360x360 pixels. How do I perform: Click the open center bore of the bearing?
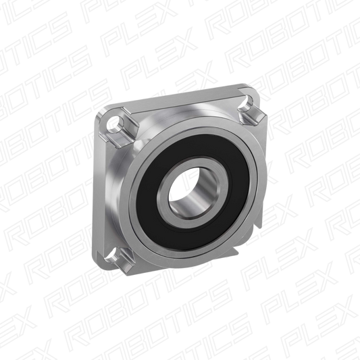coord(192,192)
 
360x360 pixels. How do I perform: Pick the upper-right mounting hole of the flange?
coord(247,101)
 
